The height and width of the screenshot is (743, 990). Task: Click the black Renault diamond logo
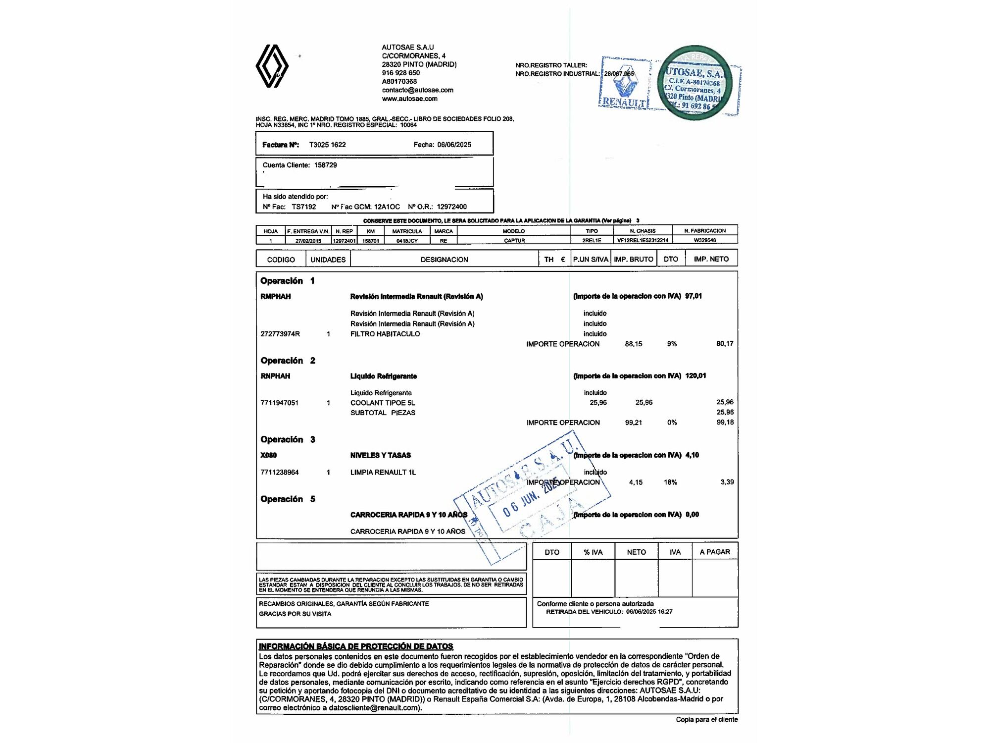click(272, 66)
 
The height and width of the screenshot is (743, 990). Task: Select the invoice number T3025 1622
click(327, 145)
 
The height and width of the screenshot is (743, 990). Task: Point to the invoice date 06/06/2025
click(454, 145)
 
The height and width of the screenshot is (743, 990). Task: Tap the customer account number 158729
click(325, 165)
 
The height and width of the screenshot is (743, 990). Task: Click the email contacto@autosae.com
click(417, 90)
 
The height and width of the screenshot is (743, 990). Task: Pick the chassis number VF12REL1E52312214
click(643, 240)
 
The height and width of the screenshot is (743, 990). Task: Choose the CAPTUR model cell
click(514, 240)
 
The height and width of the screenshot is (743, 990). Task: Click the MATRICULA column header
click(407, 231)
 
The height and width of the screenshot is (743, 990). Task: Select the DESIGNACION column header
click(444, 260)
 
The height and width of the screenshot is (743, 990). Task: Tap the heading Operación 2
click(288, 361)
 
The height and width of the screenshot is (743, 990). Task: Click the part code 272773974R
click(280, 334)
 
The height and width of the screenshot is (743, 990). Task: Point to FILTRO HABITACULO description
click(385, 334)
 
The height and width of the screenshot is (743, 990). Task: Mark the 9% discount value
click(672, 344)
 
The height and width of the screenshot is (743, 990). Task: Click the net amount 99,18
click(725, 423)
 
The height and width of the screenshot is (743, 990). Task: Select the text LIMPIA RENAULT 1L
click(383, 473)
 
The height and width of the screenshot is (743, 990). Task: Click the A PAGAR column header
click(715, 552)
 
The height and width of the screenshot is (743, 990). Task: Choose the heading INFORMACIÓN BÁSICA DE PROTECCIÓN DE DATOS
click(356, 646)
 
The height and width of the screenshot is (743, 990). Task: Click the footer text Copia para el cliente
click(706, 720)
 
